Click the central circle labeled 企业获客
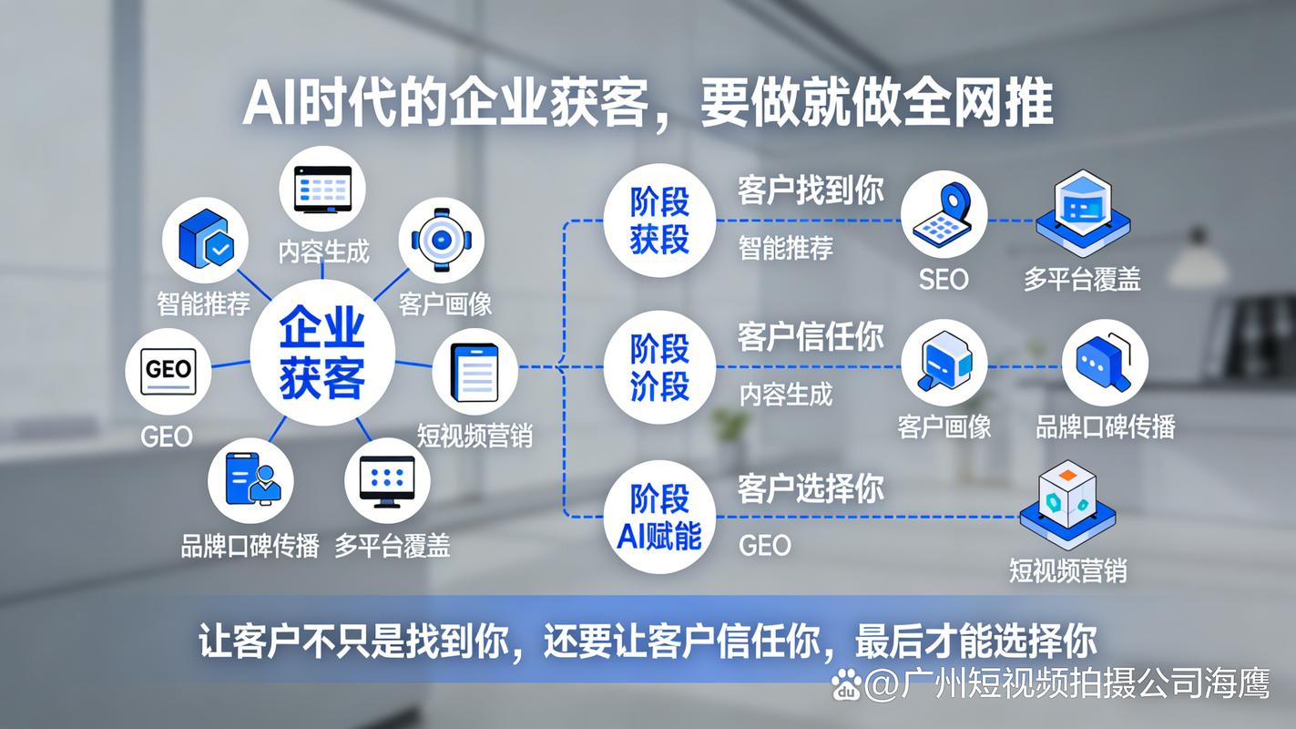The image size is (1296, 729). tap(322, 353)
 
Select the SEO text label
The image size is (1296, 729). tap(943, 280)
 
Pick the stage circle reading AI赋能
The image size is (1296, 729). tap(659, 517)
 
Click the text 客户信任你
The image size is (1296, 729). tap(811, 337)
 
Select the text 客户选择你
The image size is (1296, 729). tap(811, 488)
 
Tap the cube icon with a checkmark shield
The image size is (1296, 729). tap(206, 240)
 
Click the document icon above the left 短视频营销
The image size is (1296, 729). tap(475, 372)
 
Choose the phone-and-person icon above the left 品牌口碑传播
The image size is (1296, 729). tap(252, 479)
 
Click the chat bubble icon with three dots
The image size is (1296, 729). tap(1104, 362)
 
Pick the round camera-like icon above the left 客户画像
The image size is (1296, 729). tap(442, 239)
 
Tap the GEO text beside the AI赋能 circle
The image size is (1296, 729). tap(764, 545)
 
